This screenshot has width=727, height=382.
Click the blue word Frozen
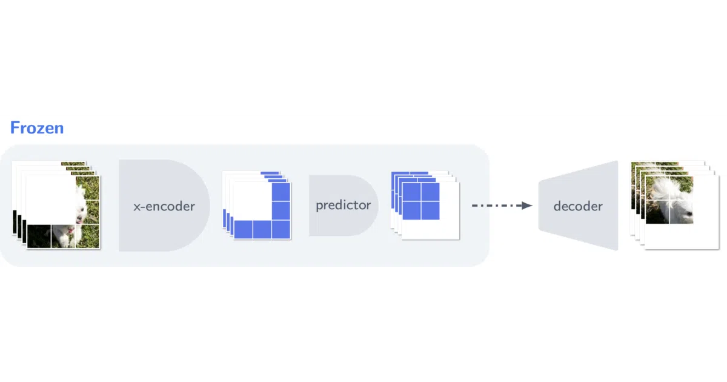(x=37, y=128)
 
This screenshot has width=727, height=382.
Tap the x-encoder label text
(x=164, y=206)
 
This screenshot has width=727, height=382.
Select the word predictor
(x=344, y=206)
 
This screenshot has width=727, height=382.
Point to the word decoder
(x=578, y=206)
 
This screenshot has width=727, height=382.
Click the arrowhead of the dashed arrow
(x=526, y=206)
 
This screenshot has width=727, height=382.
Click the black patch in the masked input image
(x=39, y=236)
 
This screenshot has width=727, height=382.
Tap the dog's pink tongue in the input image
(x=70, y=230)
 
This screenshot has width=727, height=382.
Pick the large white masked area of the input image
(x=51, y=199)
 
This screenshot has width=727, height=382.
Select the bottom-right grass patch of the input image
(x=87, y=236)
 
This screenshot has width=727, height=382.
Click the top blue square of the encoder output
(x=281, y=192)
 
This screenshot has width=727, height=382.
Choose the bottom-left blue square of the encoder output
(x=243, y=229)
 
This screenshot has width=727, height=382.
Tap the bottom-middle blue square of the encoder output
(x=262, y=229)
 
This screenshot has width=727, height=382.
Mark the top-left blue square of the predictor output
(x=411, y=192)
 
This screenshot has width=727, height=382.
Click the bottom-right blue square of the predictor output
(x=430, y=210)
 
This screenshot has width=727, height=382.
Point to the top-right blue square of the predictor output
(x=430, y=192)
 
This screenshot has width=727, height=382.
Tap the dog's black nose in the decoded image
(x=688, y=213)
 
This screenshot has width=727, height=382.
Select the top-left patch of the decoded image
(x=658, y=189)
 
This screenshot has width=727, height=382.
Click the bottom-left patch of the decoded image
(x=658, y=212)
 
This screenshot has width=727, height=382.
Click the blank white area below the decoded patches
(x=682, y=236)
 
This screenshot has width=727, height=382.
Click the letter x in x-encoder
(x=137, y=207)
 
